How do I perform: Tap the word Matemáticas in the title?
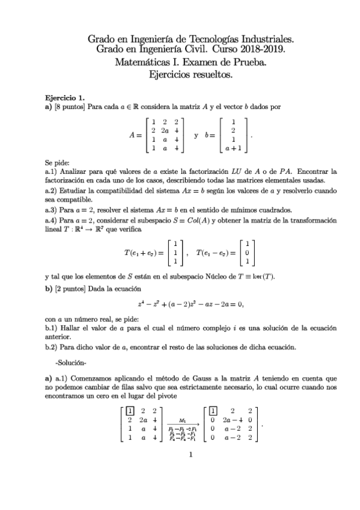click(142, 63)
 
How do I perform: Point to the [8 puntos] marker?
click(70, 106)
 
